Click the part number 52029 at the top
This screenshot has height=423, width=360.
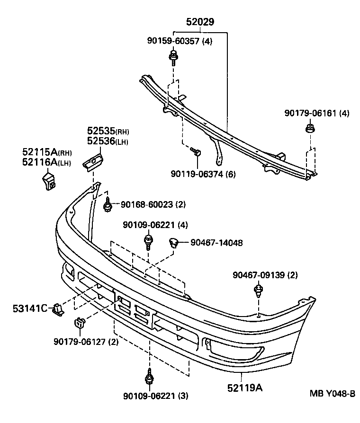(x=199, y=22)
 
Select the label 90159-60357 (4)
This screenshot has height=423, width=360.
(x=179, y=41)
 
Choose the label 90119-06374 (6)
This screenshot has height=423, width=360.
(x=203, y=174)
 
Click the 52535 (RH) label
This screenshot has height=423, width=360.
(x=108, y=131)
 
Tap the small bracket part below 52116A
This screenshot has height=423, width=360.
(x=47, y=182)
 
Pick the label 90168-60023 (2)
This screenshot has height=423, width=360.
(x=153, y=204)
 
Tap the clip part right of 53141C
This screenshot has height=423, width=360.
(x=58, y=309)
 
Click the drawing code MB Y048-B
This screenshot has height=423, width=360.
(x=332, y=393)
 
